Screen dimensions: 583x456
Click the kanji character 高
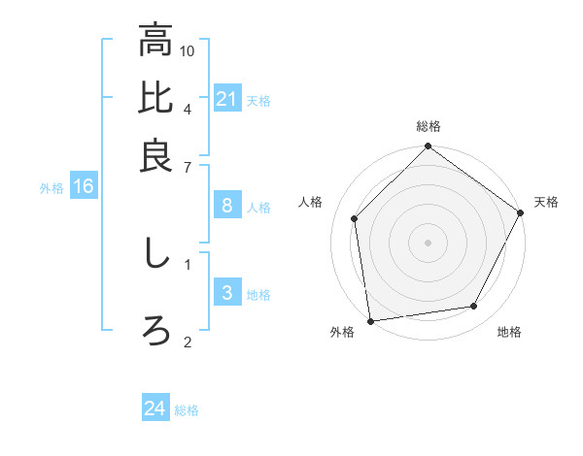tap(155, 42)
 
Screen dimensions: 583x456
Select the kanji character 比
tap(155, 98)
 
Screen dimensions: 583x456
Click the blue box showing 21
tap(226, 99)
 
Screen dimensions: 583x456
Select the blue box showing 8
tap(226, 205)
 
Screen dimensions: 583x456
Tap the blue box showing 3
tap(226, 293)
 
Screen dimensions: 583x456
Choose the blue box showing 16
tap(83, 187)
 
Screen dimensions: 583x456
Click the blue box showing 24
tap(154, 408)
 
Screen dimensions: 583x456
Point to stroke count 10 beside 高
tap(188, 49)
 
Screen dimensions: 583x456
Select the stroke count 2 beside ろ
tap(188, 342)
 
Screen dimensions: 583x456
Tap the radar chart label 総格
tap(429, 126)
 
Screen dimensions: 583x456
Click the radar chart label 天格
tap(546, 202)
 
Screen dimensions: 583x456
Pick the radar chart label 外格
tap(342, 332)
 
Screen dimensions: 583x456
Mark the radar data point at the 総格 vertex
tap(428, 147)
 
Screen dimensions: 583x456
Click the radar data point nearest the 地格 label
tap(474, 307)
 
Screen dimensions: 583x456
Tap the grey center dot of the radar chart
tap(428, 242)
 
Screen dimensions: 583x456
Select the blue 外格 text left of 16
tap(51, 188)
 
